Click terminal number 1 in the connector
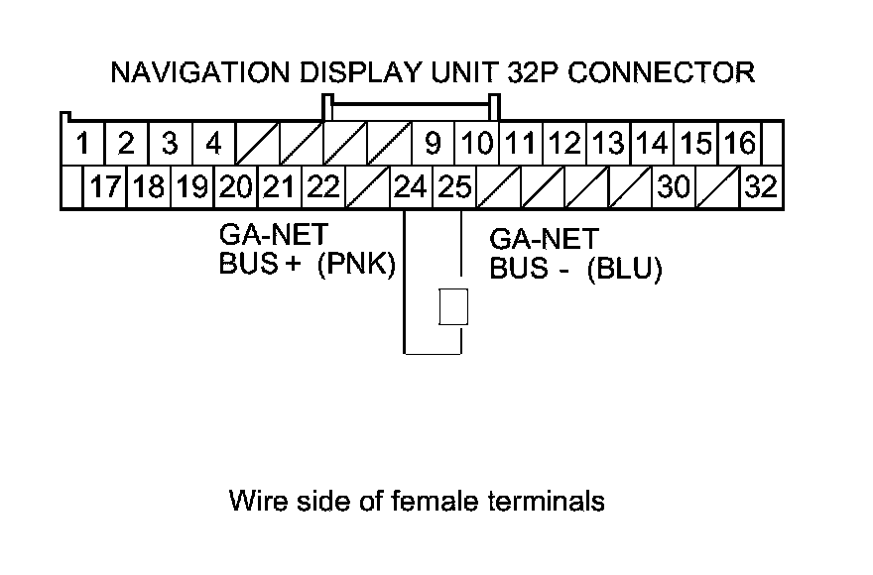coord(84,145)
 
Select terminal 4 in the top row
coord(213,145)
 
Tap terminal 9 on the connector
coord(433,145)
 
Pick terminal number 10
coord(477,145)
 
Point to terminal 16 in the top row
coord(739,145)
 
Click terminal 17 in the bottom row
coord(105,187)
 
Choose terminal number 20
coord(237,187)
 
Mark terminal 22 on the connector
coord(322,187)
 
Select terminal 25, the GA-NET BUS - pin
coord(454,187)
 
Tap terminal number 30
coord(673,187)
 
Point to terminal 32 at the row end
coord(761,187)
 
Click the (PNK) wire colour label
coord(356,267)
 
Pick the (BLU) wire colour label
coord(623,270)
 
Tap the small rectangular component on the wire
coord(453,306)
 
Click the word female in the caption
coord(425,501)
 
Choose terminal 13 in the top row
coord(608,145)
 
